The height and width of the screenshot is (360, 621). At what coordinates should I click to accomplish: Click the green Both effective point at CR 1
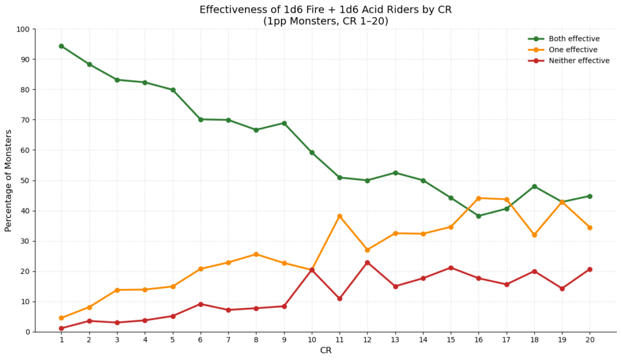[61, 46]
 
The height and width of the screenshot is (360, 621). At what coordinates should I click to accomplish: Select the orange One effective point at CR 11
[340, 216]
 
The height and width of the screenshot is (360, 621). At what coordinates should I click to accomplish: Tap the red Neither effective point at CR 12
[368, 262]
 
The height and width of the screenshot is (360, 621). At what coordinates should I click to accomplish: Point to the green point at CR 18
[534, 187]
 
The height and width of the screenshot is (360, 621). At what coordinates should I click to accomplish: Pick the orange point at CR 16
[478, 198]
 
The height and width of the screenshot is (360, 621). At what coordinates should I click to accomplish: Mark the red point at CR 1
[61, 328]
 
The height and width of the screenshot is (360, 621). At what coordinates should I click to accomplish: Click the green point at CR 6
[201, 119]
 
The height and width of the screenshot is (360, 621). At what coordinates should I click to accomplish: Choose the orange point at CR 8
[256, 255]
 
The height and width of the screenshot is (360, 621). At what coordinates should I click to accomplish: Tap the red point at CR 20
[589, 269]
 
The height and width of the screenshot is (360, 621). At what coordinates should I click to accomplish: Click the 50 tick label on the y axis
[25, 181]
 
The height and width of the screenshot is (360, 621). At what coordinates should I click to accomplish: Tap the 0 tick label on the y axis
[28, 332]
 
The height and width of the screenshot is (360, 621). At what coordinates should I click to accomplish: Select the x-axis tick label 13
[395, 340]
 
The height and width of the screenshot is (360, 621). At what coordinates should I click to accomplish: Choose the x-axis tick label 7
[228, 340]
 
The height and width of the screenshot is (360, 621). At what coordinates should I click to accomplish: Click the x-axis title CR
[325, 350]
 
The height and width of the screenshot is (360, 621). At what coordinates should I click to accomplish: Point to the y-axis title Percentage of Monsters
[8, 181]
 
